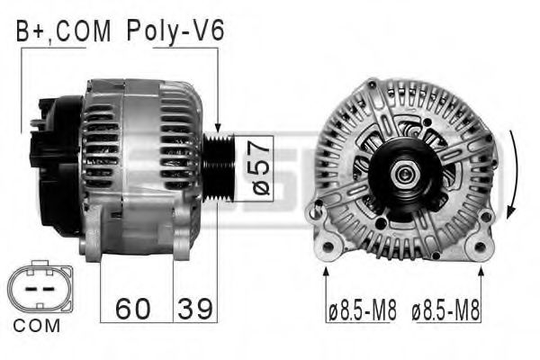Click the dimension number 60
click(132, 309)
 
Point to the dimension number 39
click(194, 309)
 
